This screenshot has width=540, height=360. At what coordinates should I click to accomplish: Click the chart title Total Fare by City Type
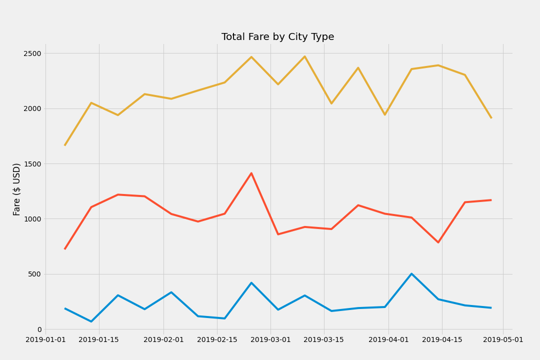(x=277, y=37)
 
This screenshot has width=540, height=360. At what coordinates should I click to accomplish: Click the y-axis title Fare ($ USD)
(x=17, y=189)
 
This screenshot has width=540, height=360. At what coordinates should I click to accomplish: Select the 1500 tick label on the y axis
(x=33, y=164)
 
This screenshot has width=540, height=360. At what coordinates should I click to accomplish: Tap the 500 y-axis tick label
(x=36, y=274)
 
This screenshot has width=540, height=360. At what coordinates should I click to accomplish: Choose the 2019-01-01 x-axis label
(x=45, y=340)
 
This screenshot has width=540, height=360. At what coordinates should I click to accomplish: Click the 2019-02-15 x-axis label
(x=217, y=340)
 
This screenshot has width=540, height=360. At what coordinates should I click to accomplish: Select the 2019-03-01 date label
(x=270, y=340)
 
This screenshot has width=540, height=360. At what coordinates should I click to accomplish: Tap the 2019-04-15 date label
(x=442, y=340)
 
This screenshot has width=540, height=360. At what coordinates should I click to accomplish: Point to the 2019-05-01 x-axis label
(x=503, y=340)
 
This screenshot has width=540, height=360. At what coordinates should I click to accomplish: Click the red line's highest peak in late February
(x=251, y=173)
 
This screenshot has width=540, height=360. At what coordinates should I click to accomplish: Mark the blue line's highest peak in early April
(x=411, y=273)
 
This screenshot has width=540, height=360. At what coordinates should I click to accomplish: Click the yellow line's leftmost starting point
(x=64, y=145)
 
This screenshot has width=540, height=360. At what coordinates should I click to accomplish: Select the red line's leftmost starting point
(x=64, y=249)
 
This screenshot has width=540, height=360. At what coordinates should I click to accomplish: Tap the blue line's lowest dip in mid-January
(x=91, y=321)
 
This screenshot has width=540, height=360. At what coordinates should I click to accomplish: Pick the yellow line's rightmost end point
(x=491, y=118)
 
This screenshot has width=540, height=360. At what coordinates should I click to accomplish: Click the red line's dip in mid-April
(x=438, y=242)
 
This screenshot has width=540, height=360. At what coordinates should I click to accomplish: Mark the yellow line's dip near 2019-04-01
(x=385, y=115)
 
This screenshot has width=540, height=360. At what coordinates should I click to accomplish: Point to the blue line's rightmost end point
(x=491, y=308)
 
